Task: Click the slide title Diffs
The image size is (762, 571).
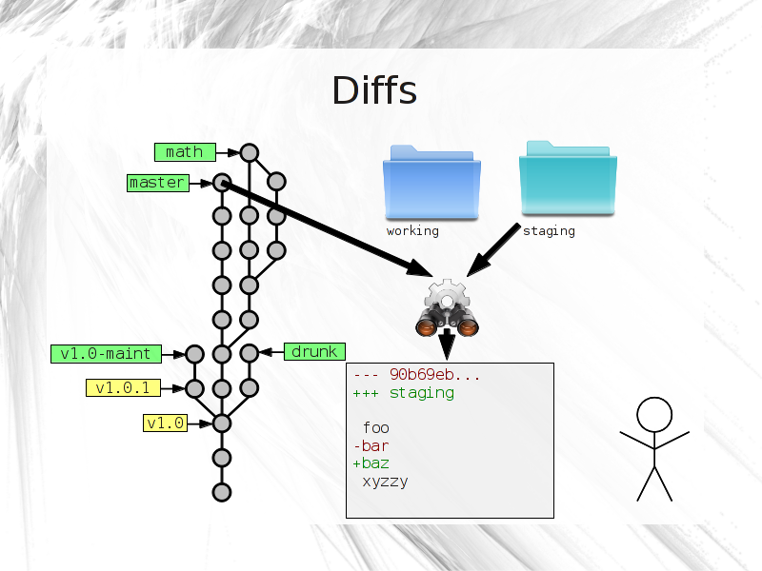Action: (374, 90)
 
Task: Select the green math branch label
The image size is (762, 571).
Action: (185, 152)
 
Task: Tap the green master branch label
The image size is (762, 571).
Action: (158, 183)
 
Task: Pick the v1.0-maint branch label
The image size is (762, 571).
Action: (106, 353)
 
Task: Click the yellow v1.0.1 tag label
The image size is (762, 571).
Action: (123, 388)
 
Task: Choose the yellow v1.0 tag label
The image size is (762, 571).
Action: (165, 423)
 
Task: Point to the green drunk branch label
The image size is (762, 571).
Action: (314, 351)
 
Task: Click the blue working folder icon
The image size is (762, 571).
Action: (431, 183)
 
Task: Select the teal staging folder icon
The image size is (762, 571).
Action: (568, 178)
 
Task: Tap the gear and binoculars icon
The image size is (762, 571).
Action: (447, 307)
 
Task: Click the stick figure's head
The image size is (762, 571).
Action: (654, 415)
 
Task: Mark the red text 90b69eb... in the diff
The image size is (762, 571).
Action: (434, 375)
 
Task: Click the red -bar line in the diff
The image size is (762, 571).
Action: (371, 445)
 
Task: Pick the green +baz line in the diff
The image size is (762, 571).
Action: (371, 463)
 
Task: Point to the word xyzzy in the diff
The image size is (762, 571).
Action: (385, 482)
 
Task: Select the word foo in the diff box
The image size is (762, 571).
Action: (375, 427)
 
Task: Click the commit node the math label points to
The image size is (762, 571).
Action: (250, 153)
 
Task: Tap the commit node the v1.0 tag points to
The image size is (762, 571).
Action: (222, 423)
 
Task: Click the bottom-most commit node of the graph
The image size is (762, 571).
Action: (222, 492)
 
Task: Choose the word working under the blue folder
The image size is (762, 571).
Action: (412, 231)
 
